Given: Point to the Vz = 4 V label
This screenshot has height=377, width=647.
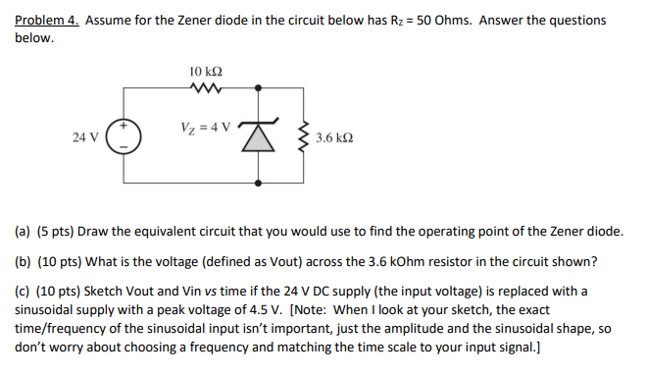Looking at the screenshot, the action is (x=206, y=127).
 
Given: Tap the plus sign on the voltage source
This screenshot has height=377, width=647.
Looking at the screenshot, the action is (x=124, y=127).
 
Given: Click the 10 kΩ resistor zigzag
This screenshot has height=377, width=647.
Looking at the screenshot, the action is (x=209, y=89).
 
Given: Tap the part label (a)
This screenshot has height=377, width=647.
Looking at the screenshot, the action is (x=24, y=232).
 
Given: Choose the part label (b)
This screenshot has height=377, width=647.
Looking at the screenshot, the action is (x=24, y=261).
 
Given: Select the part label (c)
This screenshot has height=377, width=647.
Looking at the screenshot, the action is (x=23, y=292).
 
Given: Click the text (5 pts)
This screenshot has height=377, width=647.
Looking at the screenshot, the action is (x=55, y=232).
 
